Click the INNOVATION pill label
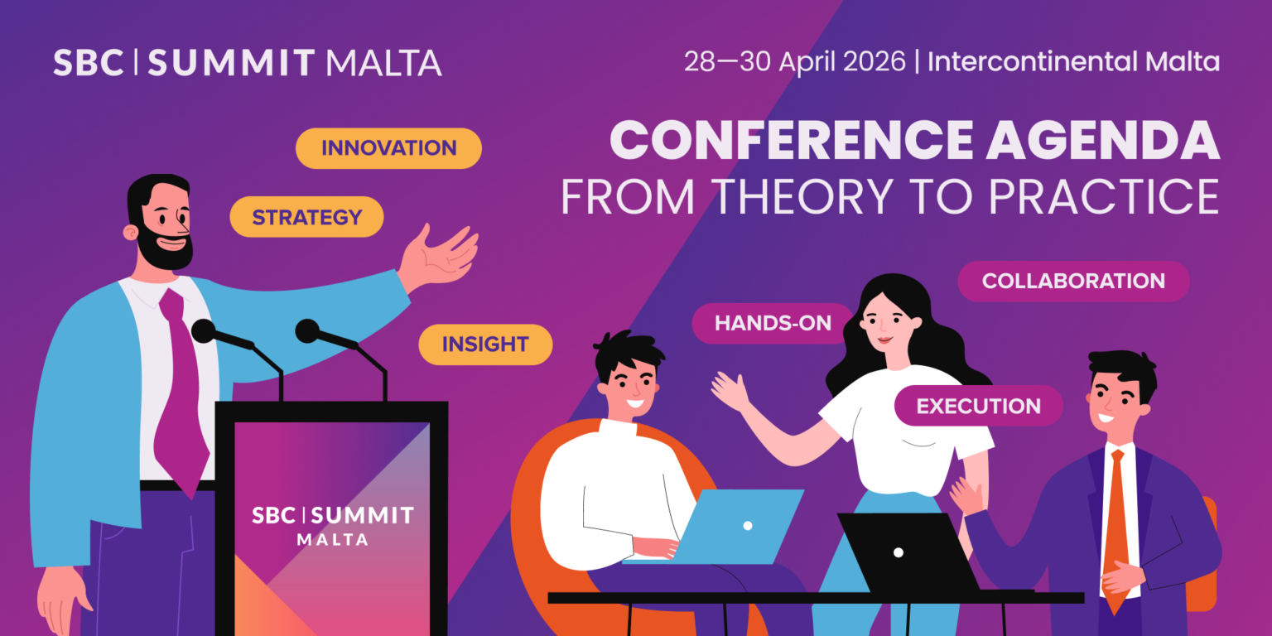pyautogui.click(x=388, y=148)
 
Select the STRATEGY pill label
pyautogui.click(x=306, y=217)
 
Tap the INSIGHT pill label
pyautogui.click(x=485, y=344)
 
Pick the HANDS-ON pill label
pyautogui.click(x=772, y=323)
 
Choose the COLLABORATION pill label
pyautogui.click(x=1073, y=281)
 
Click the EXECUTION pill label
pyautogui.click(x=978, y=406)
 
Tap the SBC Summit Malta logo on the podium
pyautogui.click(x=332, y=525)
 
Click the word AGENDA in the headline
pyautogui.click(x=1103, y=141)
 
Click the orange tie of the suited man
pyautogui.click(x=1115, y=522)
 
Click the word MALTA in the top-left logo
pyautogui.click(x=384, y=63)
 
